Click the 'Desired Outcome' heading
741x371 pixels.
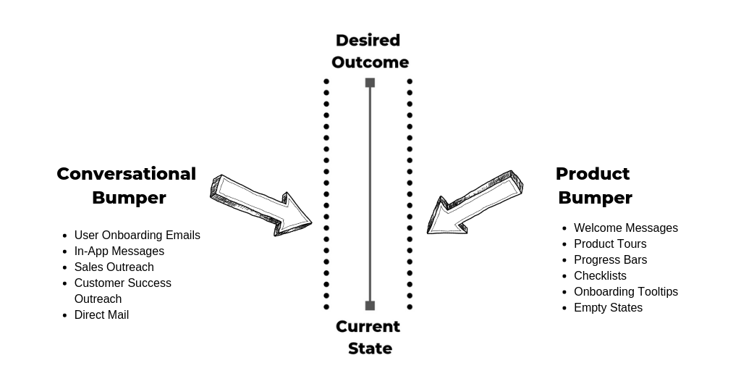point(370,51)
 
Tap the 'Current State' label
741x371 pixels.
point(369,337)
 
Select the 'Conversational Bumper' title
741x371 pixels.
point(127,185)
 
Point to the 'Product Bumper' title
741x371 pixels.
point(594,185)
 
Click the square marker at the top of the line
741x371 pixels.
point(370,83)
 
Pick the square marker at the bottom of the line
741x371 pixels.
point(370,306)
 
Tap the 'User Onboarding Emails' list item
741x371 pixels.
point(137,235)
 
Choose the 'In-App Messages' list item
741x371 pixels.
point(119,251)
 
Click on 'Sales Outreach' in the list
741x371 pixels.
point(114,267)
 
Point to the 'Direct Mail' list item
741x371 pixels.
point(101,314)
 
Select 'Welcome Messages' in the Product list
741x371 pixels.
point(626,228)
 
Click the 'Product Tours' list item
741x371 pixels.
point(610,243)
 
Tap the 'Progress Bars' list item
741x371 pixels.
point(610,259)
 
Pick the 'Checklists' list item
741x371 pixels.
point(600,275)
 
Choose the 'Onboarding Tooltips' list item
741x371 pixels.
point(626,291)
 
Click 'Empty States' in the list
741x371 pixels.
point(608,307)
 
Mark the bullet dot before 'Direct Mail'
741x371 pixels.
point(65,315)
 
